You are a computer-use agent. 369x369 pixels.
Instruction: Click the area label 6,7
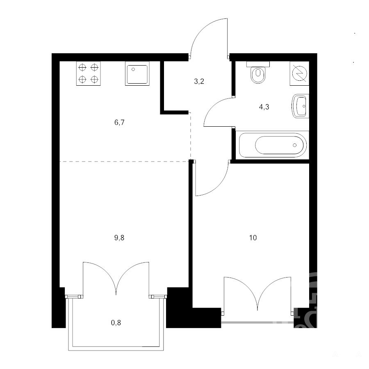119,122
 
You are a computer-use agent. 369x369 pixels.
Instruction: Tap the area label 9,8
119,238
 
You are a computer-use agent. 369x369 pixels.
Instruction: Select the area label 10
253,238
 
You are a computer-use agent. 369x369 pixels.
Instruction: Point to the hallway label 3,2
199,82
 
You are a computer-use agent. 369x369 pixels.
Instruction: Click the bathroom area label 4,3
264,107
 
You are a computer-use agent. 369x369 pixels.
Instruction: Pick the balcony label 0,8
116,322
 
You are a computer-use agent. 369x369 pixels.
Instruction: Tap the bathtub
273,145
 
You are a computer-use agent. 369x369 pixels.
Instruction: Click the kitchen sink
137,73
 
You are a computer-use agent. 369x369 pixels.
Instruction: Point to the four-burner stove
88,73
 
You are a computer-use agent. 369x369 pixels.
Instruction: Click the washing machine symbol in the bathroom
299,73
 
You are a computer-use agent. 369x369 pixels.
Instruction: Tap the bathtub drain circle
295,145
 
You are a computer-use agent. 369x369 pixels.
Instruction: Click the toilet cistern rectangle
258,64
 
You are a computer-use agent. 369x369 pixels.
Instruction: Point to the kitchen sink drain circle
133,69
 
